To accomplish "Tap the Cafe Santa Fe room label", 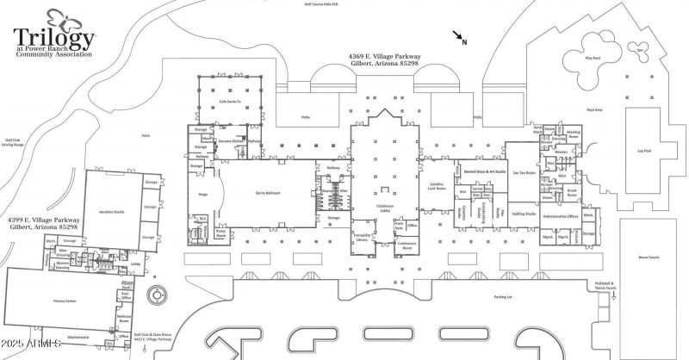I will pyautogui.click(x=228, y=102).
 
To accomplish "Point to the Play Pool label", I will pyautogui.click(x=592, y=58).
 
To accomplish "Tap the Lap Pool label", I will pyautogui.click(x=643, y=150).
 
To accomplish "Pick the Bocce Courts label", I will pyautogui.click(x=648, y=256).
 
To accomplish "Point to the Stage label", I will pyautogui.click(x=203, y=196).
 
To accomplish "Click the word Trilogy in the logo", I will pyautogui.click(x=53, y=38).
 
